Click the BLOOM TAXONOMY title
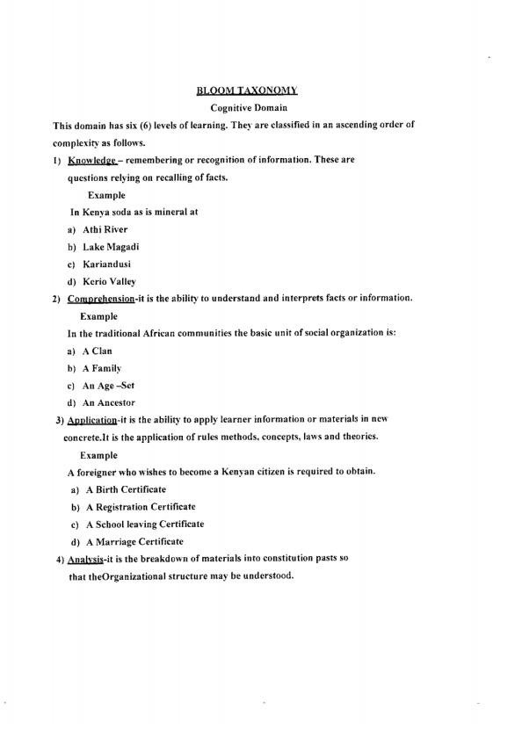click(248, 90)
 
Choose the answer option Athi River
click(105, 229)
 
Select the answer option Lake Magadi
click(112, 247)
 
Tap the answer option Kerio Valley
click(110, 281)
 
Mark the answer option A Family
click(102, 368)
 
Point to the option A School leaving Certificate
click(144, 525)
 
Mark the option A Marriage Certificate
click(134, 542)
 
